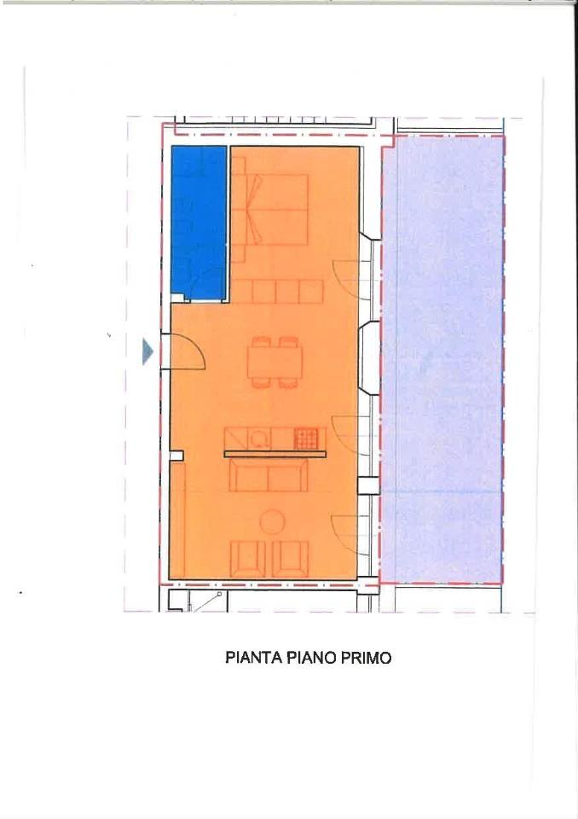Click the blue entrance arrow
point(147,351)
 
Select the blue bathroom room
point(198,220)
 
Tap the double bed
point(272,209)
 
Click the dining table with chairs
point(275,362)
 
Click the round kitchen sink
point(259,439)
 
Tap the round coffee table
point(272,520)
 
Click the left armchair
point(247,558)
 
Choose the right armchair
point(291,558)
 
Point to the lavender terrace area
point(442,358)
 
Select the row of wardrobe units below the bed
point(277,292)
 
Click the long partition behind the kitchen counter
point(275,455)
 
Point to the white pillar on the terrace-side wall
point(367,486)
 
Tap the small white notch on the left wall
point(176,456)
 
